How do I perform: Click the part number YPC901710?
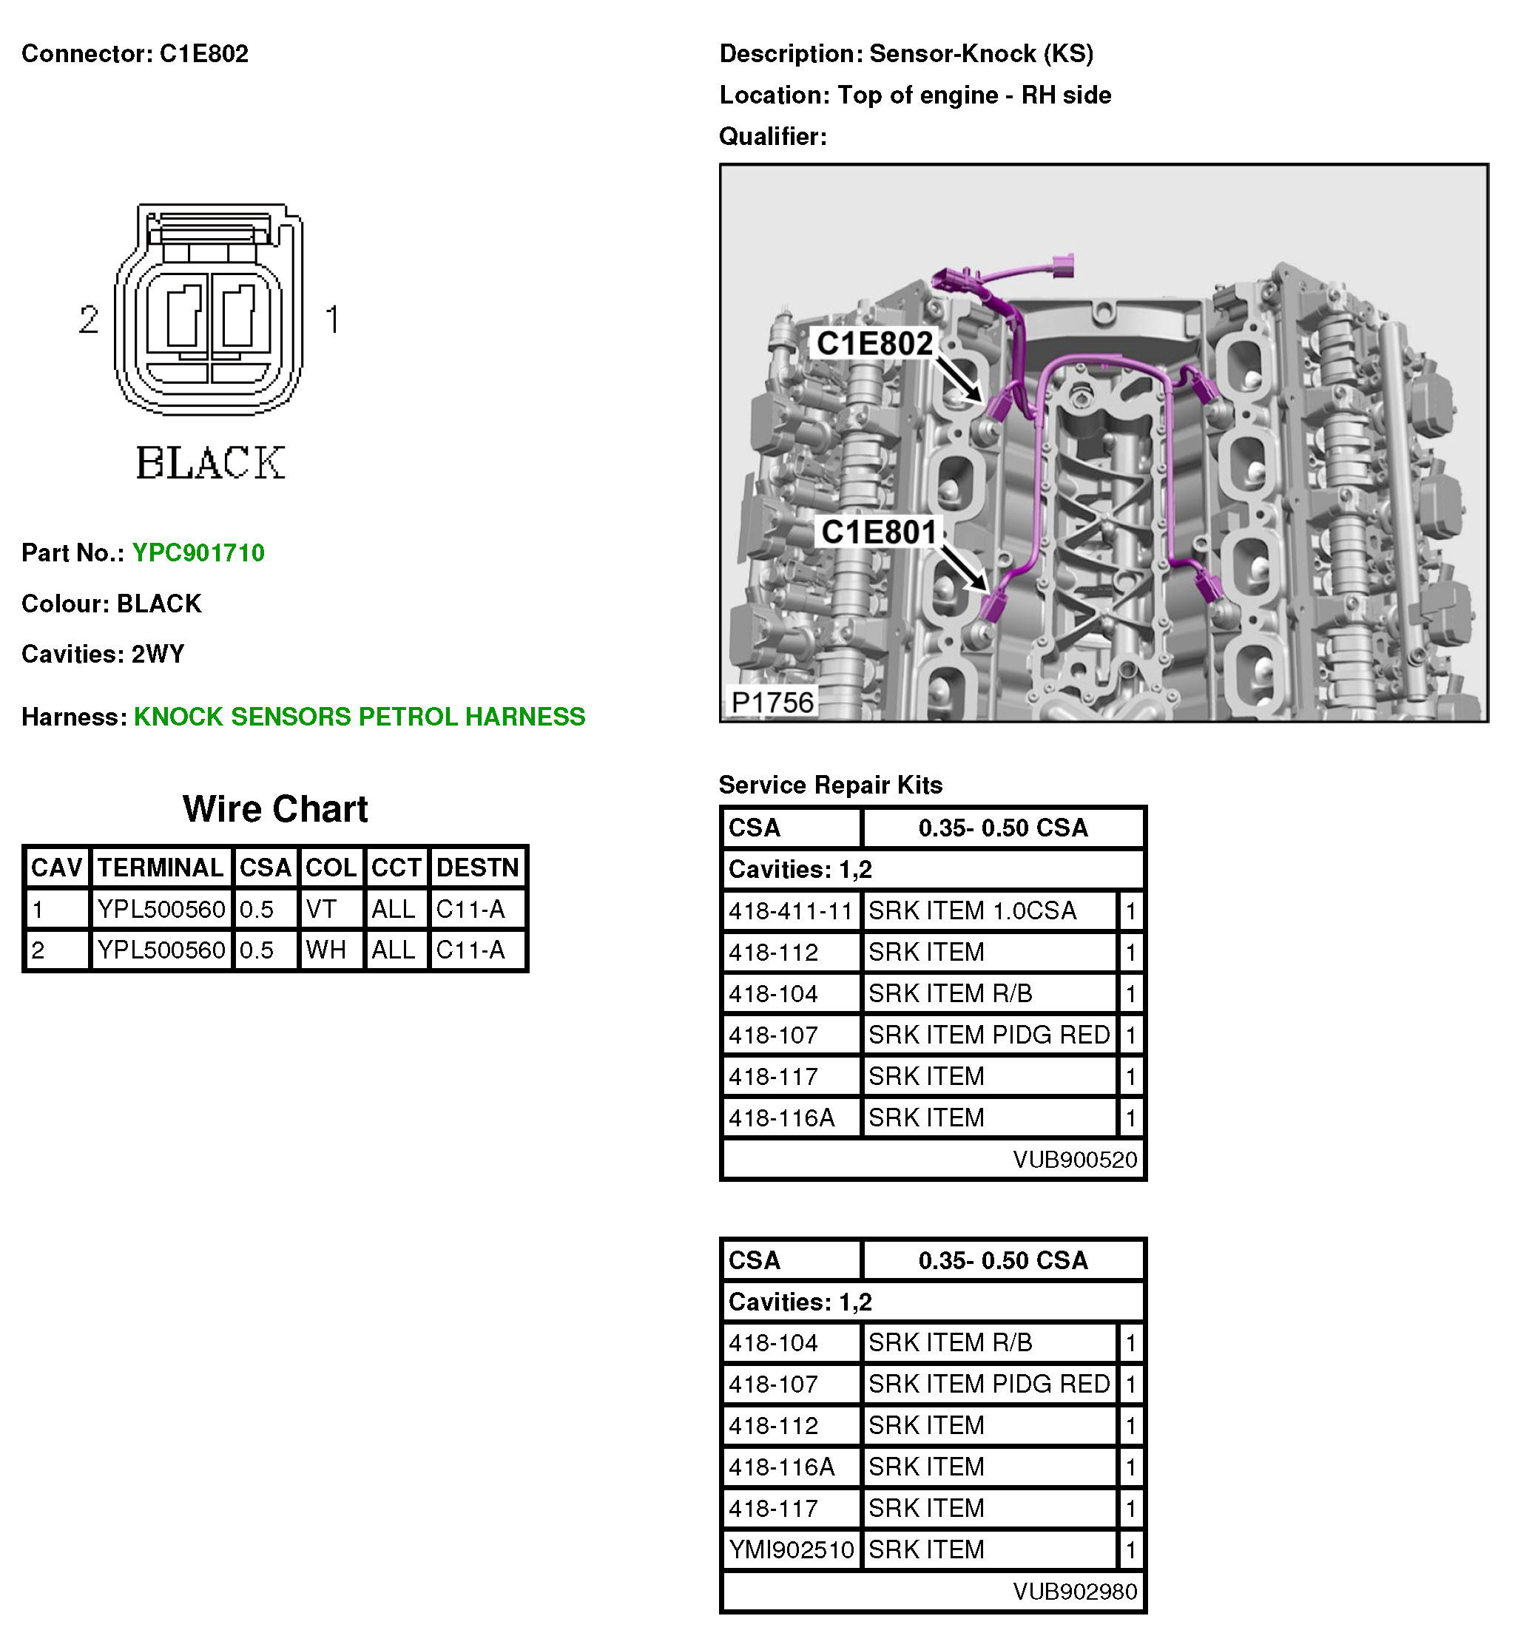click(x=198, y=552)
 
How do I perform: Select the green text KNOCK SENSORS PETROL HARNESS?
click(x=359, y=717)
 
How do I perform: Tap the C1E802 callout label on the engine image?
click(x=874, y=343)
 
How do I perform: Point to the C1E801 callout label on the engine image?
click(x=878, y=532)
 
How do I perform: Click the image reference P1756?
click(x=772, y=703)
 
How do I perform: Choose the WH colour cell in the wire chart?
click(x=325, y=950)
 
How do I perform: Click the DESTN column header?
click(x=477, y=868)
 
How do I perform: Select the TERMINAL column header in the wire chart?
click(x=161, y=868)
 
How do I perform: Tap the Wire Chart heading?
click(x=274, y=809)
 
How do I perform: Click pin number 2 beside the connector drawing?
click(x=89, y=319)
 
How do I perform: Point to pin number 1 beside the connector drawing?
click(x=332, y=319)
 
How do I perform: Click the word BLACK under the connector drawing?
click(x=211, y=463)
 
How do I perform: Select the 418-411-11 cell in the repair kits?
click(x=790, y=910)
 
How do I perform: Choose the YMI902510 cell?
click(x=790, y=1549)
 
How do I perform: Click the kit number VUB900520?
click(x=1074, y=1160)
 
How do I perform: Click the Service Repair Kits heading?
click(x=830, y=785)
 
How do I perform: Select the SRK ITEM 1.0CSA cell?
click(x=971, y=910)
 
